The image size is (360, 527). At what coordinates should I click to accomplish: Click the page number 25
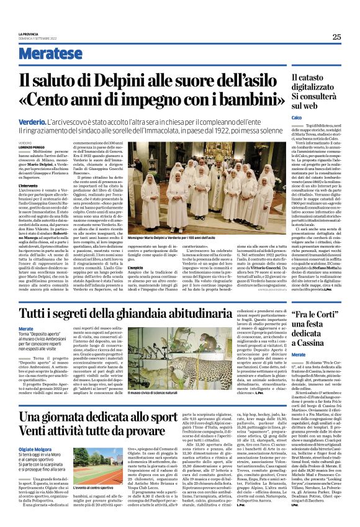[x=336, y=37]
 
